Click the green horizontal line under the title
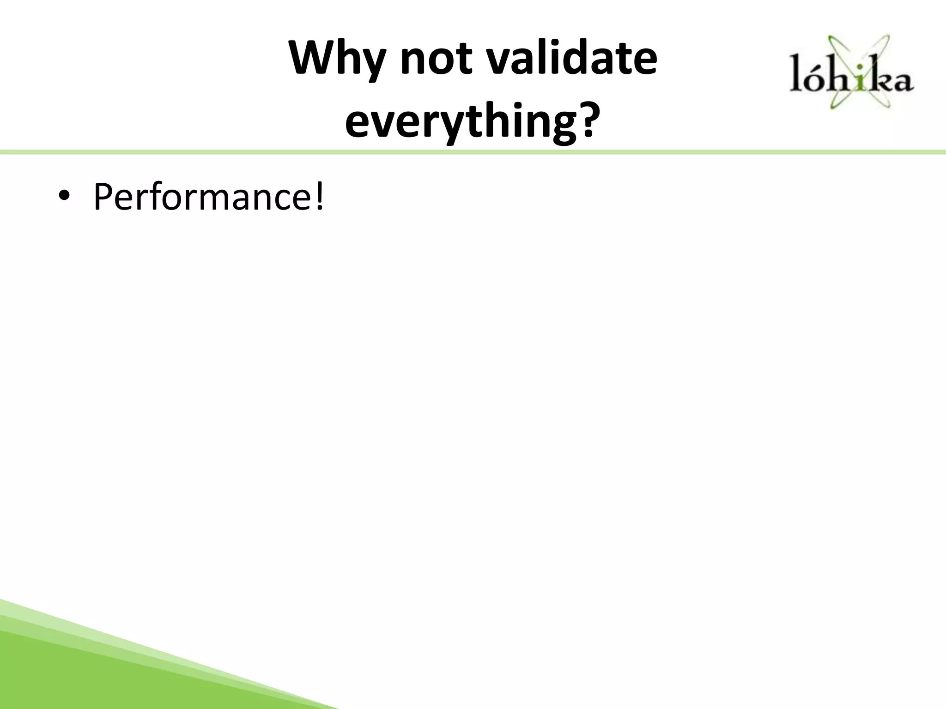click(x=473, y=152)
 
